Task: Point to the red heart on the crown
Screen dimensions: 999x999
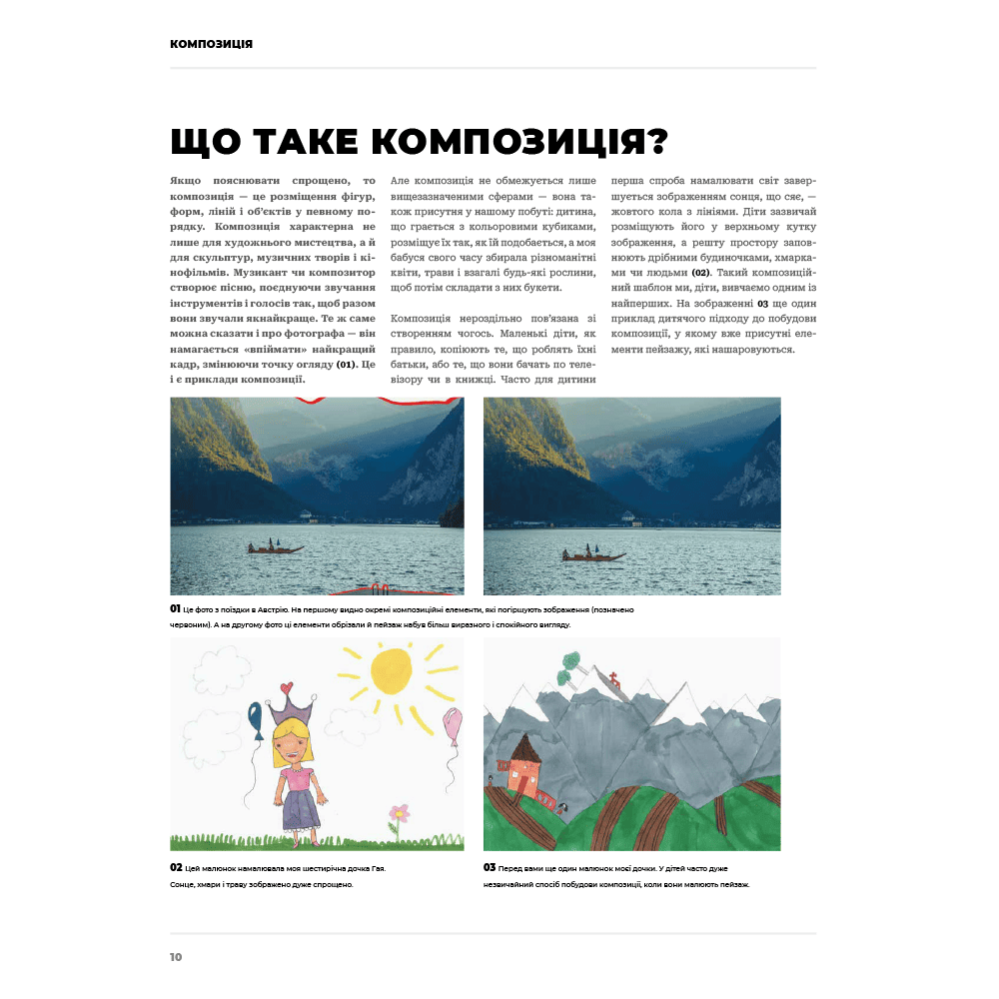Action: pyautogui.click(x=288, y=688)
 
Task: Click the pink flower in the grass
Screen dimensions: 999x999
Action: pyautogui.click(x=400, y=812)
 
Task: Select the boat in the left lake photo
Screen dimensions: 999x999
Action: pyautogui.click(x=275, y=547)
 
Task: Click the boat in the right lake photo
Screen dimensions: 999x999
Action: pyautogui.click(x=592, y=555)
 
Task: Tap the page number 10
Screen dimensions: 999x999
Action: pyautogui.click(x=176, y=957)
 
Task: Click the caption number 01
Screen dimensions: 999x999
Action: pyautogui.click(x=175, y=608)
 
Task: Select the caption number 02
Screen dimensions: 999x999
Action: pyautogui.click(x=176, y=868)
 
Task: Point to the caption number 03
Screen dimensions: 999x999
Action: pyautogui.click(x=490, y=868)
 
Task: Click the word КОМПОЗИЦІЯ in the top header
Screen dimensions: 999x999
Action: pyautogui.click(x=211, y=44)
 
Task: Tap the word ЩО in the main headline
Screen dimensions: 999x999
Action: pyautogui.click(x=204, y=142)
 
